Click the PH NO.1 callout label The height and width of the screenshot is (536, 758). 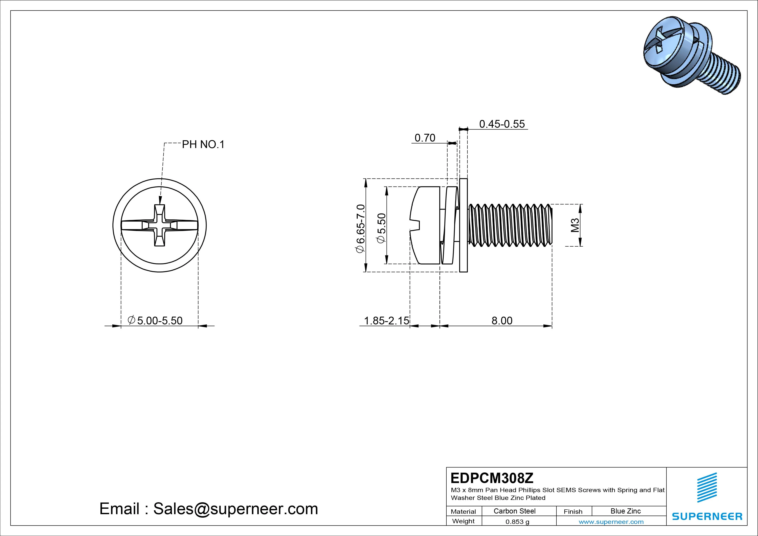click(203, 144)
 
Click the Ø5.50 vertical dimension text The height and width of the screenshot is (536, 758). click(381, 228)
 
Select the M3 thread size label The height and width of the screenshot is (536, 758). click(575, 225)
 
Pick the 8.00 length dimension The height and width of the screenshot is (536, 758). click(502, 321)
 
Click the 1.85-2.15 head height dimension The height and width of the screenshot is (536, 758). click(386, 321)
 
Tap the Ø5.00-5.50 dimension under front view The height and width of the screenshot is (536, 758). click(155, 321)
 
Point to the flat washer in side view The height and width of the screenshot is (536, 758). click(463, 225)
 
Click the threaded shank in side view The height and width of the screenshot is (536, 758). click(510, 225)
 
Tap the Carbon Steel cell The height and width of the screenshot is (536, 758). click(514, 511)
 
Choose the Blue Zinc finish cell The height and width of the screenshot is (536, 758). click(625, 511)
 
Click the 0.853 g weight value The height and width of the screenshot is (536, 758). click(517, 522)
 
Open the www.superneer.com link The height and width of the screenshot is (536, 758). click(611, 522)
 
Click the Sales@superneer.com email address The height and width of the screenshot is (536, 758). click(235, 509)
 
